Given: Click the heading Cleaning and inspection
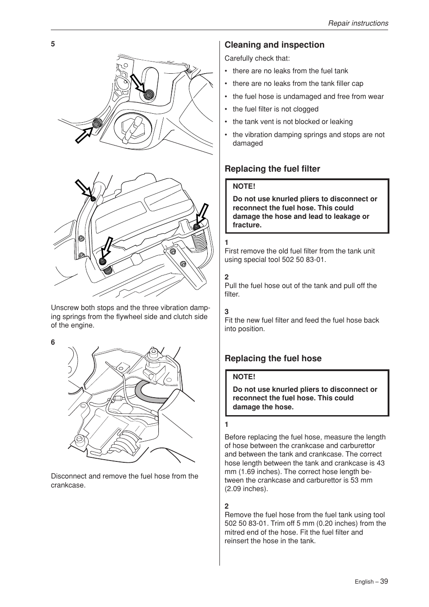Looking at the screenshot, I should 274,45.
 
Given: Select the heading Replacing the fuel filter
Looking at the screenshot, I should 272,169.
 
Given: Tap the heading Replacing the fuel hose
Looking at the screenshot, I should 273,359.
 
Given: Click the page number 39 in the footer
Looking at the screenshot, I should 384,581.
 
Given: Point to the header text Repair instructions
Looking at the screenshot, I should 357,23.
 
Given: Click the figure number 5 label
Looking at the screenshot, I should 53,44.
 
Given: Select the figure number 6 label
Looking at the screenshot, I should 53,342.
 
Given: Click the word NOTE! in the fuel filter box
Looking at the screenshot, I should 244,186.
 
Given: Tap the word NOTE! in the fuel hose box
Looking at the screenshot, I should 244,377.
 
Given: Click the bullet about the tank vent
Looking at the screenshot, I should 292,122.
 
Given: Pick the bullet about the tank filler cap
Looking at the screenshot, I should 298,84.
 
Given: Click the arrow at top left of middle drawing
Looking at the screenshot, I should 84,188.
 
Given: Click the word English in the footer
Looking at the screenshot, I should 363,582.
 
